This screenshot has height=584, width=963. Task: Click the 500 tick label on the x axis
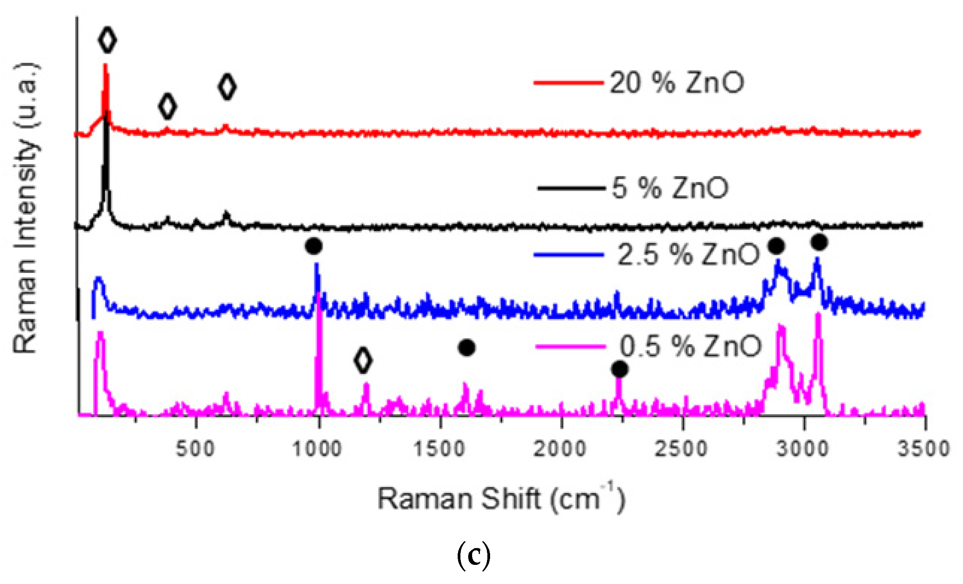[x=195, y=449]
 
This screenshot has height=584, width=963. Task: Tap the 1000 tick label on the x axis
[x=317, y=449]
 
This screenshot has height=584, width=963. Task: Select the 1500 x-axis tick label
[x=439, y=449]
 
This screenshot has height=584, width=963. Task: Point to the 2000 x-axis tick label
[x=560, y=449]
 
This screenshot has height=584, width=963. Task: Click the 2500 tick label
[x=681, y=449]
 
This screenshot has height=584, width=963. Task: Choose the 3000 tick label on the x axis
[x=802, y=449]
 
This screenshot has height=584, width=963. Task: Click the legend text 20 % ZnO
[x=677, y=83]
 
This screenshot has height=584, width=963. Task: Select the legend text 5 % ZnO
[x=670, y=188]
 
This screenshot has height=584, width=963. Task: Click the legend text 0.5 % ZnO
[x=691, y=346]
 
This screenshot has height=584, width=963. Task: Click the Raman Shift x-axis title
[x=501, y=499]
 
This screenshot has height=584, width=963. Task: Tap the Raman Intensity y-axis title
[x=26, y=207]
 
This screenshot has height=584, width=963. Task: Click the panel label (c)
[x=473, y=556]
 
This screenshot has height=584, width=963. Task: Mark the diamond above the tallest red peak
[x=107, y=39]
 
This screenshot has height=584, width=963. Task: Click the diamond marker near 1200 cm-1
[x=363, y=360]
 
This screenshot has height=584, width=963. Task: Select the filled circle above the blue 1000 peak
[x=314, y=246]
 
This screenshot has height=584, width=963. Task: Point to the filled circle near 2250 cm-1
[x=620, y=369]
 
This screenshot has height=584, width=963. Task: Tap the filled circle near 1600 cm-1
[x=467, y=347]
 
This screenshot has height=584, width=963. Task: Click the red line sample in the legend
[x=569, y=83]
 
